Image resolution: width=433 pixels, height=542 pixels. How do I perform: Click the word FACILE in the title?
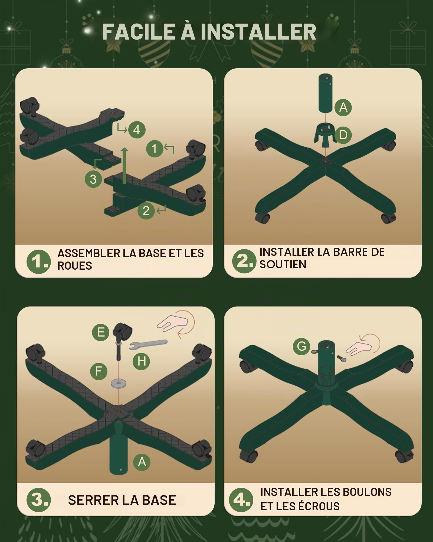click(x=138, y=31)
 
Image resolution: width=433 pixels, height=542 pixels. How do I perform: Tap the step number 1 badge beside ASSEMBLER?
click(x=38, y=262)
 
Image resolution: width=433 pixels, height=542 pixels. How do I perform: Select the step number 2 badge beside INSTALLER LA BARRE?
click(x=244, y=261)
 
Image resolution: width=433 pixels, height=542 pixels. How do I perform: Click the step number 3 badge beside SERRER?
click(x=38, y=500)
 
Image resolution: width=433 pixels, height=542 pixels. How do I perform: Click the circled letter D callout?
click(x=343, y=135)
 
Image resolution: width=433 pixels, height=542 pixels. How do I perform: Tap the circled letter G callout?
click(x=301, y=346)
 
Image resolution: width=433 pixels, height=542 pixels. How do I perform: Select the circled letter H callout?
click(x=142, y=361)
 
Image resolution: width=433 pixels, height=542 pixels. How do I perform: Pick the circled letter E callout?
click(x=100, y=332)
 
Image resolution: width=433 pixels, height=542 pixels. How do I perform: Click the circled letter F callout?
click(x=99, y=371)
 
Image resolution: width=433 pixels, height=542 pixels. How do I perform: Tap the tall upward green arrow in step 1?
click(x=124, y=166)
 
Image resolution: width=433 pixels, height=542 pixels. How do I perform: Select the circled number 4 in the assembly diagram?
click(x=137, y=130)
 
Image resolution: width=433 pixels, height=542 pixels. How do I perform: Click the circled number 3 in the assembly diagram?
click(x=93, y=179)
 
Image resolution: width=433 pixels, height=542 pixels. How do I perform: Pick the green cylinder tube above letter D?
click(x=325, y=93)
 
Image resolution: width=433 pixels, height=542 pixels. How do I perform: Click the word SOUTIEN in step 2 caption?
click(x=283, y=264)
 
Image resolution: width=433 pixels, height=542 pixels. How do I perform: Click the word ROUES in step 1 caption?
click(x=75, y=266)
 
